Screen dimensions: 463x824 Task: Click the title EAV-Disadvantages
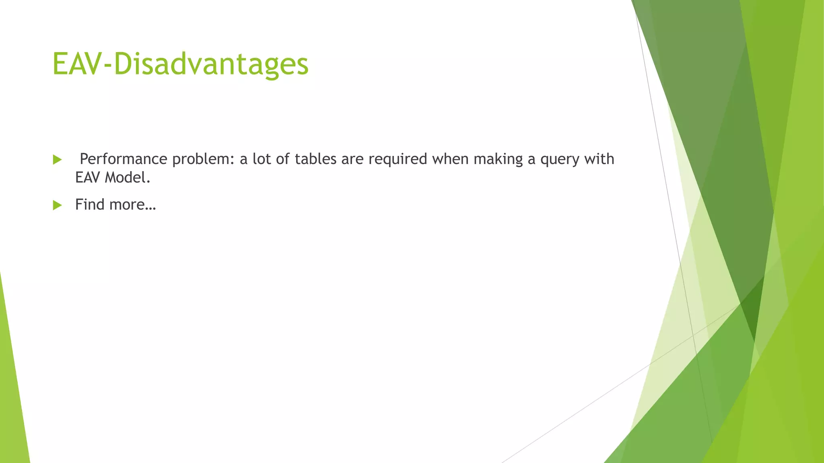point(180,64)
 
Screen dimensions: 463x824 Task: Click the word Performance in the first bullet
point(123,159)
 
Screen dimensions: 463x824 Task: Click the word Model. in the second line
point(128,178)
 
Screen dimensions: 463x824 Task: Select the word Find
point(90,205)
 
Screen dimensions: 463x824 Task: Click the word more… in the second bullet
point(132,205)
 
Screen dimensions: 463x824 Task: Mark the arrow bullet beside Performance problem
point(57,160)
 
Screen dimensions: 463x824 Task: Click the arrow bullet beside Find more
point(57,205)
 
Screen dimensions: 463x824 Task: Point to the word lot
point(262,159)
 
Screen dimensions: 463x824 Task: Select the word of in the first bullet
point(283,159)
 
